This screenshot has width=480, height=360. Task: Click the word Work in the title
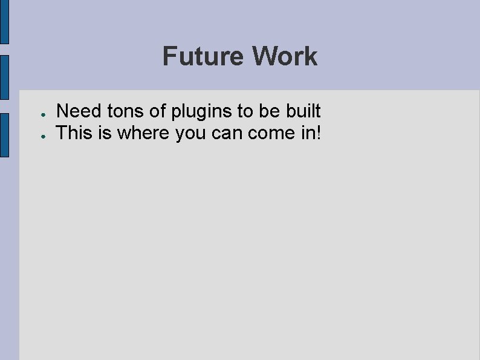(285, 56)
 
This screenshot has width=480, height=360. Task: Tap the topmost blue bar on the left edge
(4, 21)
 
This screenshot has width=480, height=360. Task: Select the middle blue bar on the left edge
(4, 77)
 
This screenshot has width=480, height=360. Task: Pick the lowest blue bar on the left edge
(4, 135)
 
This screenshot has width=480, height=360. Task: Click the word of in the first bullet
(158, 111)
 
